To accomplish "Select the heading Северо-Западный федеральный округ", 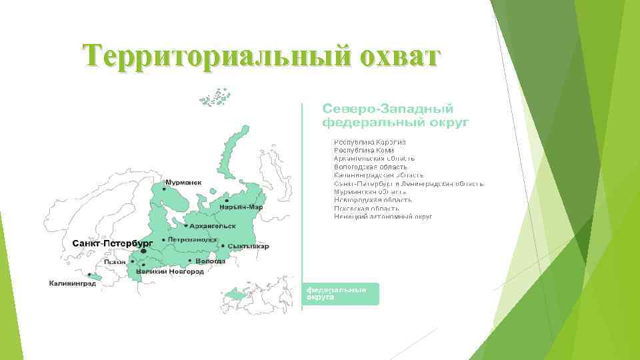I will click(388, 115).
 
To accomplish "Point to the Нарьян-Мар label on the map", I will click(241, 207).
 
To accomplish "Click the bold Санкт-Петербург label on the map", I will click(112, 243).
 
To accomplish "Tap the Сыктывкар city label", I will click(248, 246).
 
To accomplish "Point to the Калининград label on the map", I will click(72, 283).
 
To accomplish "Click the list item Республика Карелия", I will click(370, 142).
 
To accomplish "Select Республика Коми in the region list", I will click(364, 150).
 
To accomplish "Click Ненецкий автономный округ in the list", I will click(383, 217).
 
